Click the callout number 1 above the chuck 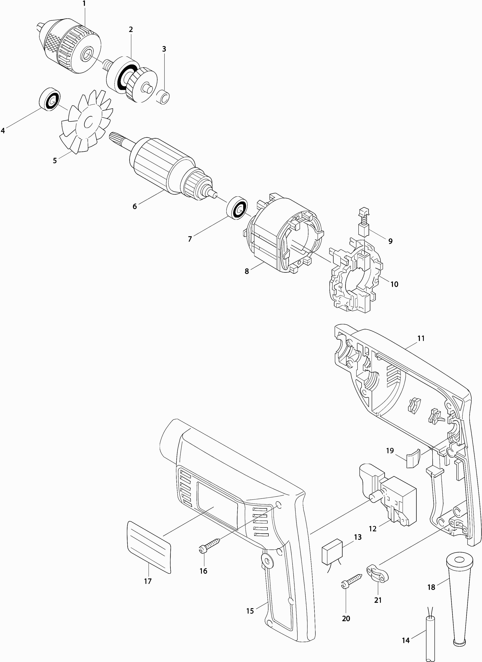tap(84, 4)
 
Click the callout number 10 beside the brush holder tap(394, 284)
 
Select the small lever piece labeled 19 tap(413, 462)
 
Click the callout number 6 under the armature tap(134, 206)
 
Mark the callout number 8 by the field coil tap(247, 271)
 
